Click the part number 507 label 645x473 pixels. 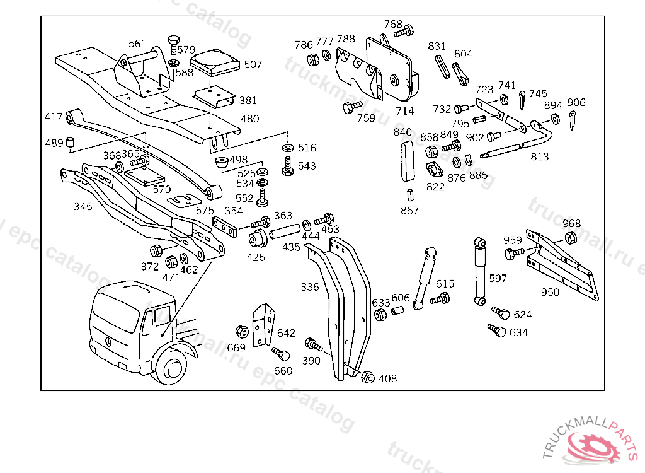pos(253,64)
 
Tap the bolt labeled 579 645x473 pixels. pos(174,45)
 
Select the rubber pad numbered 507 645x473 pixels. pos(215,63)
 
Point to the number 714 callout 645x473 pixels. pos(405,111)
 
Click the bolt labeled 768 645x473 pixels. pos(404,32)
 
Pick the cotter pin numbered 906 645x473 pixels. pos(572,120)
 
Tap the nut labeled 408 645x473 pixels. pos(367,377)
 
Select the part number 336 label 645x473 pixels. pos(309,287)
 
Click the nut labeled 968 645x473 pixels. pos(570,238)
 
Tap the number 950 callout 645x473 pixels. pos(550,292)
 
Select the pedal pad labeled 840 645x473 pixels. pos(408,161)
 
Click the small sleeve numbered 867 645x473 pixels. pos(409,195)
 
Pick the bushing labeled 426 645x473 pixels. pos(258,240)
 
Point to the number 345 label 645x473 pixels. pos(83,206)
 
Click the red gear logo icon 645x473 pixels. pos(592,447)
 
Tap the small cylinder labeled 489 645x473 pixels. pos(71,142)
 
